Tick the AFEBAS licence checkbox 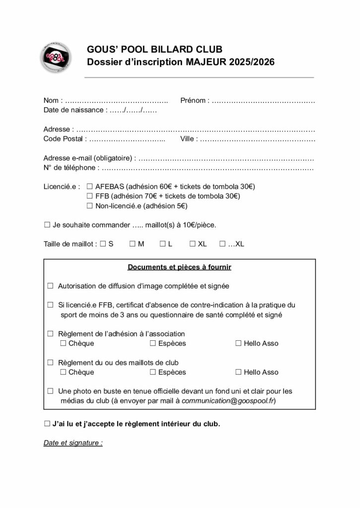90,187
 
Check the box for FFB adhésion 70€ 90,196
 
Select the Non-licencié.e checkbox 90,206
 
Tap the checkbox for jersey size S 103,244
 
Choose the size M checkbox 133,244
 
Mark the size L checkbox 162,244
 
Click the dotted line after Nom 117,101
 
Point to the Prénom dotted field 263,101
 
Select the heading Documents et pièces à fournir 179,267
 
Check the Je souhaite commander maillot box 47,225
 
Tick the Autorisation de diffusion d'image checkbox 50,286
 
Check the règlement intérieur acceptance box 47,425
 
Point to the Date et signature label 73,443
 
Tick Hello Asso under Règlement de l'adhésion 238,343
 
